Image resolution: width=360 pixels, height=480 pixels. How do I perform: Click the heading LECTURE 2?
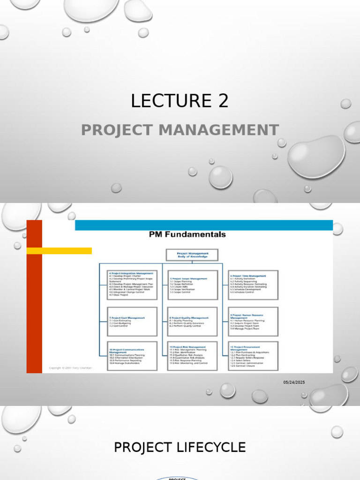coord(180,101)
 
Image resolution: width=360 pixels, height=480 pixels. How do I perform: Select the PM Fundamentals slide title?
coord(187,234)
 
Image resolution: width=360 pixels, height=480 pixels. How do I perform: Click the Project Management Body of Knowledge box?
coord(192,255)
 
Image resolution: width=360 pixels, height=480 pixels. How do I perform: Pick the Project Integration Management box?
coord(132,285)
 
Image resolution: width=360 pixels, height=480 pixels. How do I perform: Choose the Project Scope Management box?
coord(193,285)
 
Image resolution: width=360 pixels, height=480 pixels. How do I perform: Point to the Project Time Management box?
coord(253,285)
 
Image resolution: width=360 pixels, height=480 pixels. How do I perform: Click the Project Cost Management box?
coord(132,322)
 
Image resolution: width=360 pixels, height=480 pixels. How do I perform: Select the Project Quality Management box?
coord(193,322)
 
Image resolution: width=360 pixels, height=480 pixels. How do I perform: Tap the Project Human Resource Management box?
coord(253,322)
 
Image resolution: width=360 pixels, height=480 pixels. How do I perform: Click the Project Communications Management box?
coord(132,356)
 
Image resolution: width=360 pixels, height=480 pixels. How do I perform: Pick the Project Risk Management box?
coord(193,356)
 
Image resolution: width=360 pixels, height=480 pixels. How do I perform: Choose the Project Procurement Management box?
coord(253,356)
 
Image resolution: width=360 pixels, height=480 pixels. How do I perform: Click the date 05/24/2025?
coord(294,382)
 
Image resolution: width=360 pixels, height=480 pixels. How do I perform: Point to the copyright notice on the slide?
coord(71,368)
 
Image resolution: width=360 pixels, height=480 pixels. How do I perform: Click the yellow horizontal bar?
coord(59,251)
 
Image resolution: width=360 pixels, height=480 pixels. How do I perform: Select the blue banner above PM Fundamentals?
coord(204,225)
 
